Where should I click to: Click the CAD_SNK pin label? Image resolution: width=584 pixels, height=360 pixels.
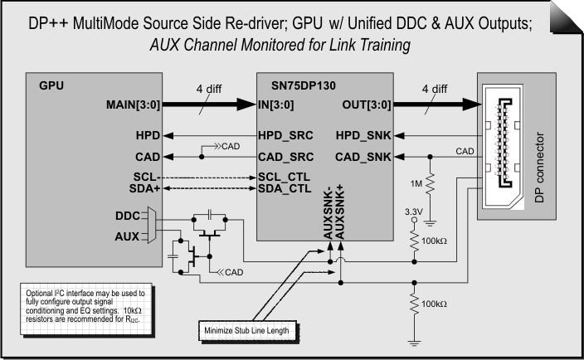[x=364, y=156]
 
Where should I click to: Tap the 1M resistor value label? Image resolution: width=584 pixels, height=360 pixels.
[x=415, y=181]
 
